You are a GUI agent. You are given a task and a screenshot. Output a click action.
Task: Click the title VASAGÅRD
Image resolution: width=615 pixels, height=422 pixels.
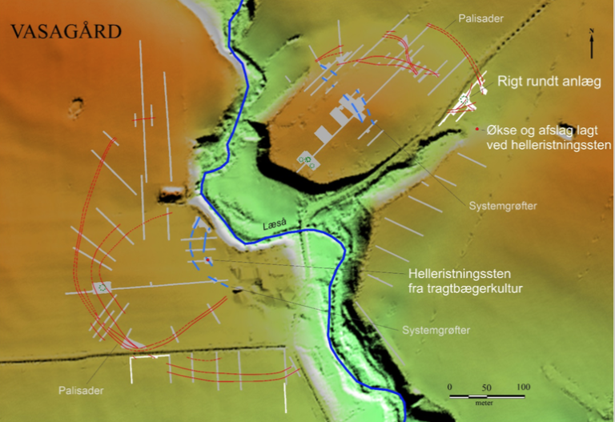(66, 33)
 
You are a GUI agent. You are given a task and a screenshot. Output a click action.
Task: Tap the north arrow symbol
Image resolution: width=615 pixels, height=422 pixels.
(591, 46)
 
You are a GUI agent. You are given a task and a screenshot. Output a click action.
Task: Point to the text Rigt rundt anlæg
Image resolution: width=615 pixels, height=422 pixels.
(549, 81)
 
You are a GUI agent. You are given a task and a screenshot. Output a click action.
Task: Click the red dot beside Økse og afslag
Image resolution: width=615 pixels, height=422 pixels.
(477, 129)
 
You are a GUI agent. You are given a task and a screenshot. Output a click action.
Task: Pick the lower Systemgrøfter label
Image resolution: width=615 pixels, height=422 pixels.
(436, 330)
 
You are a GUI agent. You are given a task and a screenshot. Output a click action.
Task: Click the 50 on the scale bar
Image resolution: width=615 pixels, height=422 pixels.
(488, 388)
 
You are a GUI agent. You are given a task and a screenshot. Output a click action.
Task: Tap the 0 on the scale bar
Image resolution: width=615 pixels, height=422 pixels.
(450, 388)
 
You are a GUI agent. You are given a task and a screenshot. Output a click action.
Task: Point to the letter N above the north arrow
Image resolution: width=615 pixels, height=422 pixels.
(591, 31)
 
